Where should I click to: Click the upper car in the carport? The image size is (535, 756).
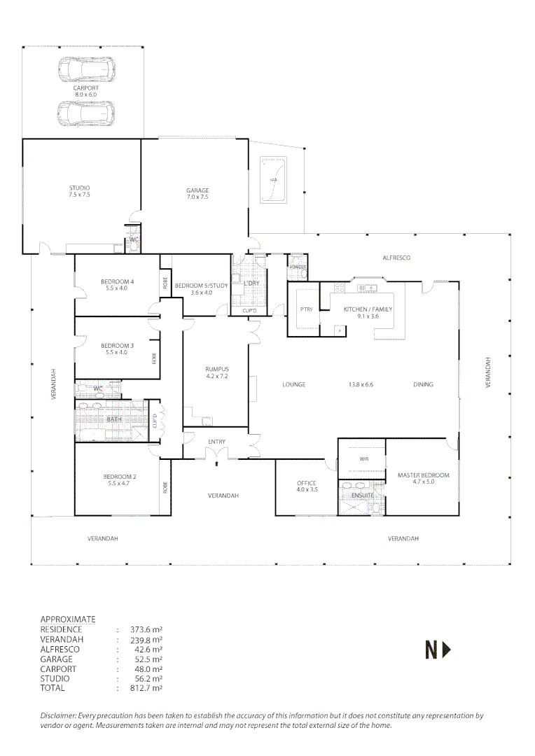pyautogui.click(x=86, y=69)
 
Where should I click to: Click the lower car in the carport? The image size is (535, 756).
pyautogui.click(x=86, y=112)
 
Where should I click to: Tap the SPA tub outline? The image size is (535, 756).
pyautogui.click(x=273, y=178)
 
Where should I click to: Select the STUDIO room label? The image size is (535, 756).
pyautogui.click(x=79, y=188)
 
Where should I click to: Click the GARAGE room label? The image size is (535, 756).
pyautogui.click(x=197, y=190)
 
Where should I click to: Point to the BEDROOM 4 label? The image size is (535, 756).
pyautogui.click(x=116, y=281)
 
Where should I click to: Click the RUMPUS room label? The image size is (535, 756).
pyautogui.click(x=216, y=369)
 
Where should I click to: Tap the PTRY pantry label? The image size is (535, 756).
pyautogui.click(x=305, y=309)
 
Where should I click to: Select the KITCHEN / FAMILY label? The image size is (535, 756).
pyautogui.click(x=368, y=309)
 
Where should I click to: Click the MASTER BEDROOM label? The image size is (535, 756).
pyautogui.click(x=423, y=475)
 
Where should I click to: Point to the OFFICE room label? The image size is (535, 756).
pyautogui.click(x=306, y=483)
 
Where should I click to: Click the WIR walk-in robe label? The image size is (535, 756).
pyautogui.click(x=363, y=459)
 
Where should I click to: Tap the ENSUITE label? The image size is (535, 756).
pyautogui.click(x=363, y=496)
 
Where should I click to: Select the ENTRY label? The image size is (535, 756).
pyautogui.click(x=216, y=441)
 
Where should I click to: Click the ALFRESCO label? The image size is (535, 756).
pyautogui.click(x=396, y=258)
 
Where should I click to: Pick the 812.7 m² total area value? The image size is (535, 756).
pyautogui.click(x=143, y=688)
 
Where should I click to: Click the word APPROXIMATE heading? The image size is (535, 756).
pyautogui.click(x=68, y=619)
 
